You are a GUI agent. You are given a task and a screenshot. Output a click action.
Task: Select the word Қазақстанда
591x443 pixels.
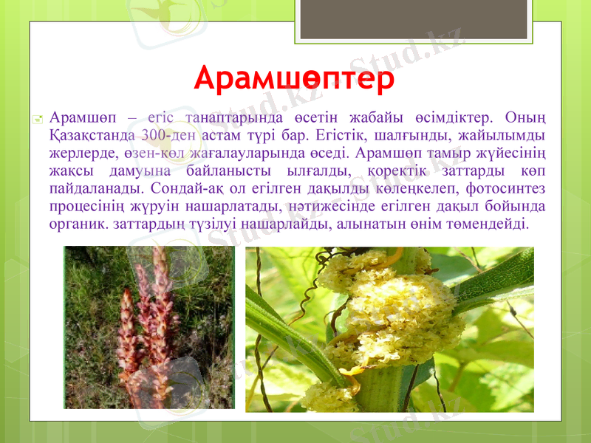pyautogui.click(x=91, y=136)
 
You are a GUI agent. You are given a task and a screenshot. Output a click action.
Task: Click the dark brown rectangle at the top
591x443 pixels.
pyautogui.click(x=414, y=19)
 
